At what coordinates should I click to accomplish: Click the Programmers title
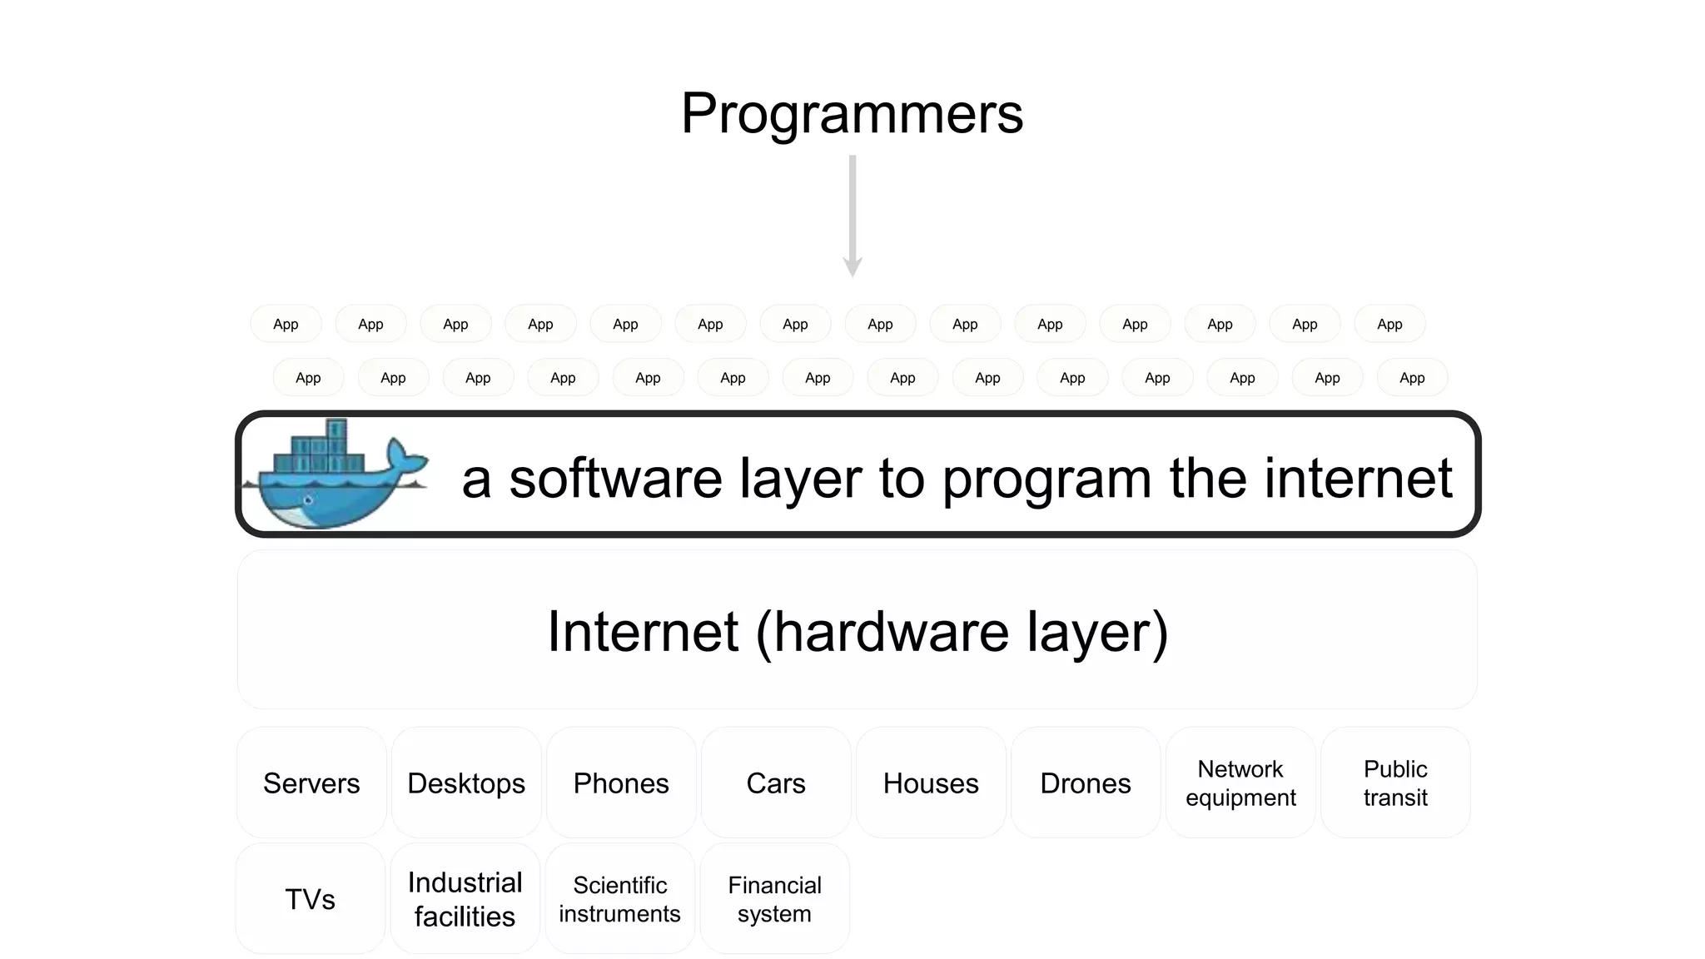point(852,113)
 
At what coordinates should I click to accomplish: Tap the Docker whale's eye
point(308,500)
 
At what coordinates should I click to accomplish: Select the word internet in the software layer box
point(1358,479)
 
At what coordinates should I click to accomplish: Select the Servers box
point(311,783)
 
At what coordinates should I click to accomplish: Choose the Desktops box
point(466,783)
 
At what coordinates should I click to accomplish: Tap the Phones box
point(621,783)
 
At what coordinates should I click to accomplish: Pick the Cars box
point(776,783)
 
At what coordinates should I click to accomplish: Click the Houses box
point(931,783)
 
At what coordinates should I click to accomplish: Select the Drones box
point(1086,783)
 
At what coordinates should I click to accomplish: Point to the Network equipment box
point(1240,783)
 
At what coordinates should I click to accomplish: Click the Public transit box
point(1395,783)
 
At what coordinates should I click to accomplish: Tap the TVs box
point(310,899)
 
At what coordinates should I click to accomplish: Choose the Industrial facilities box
point(465,899)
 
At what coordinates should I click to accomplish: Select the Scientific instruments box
point(619,899)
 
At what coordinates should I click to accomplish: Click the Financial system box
point(774,899)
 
